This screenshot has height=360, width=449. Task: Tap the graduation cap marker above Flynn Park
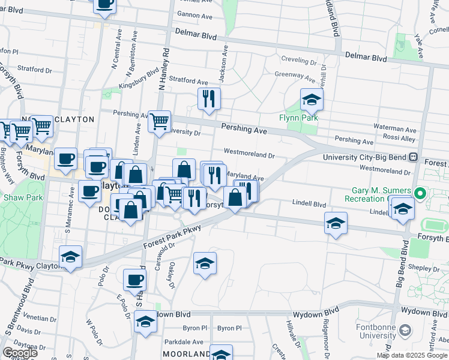312,100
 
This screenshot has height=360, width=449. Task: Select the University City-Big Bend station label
365,157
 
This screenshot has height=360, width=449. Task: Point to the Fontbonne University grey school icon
406,330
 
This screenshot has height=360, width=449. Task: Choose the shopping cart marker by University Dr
159,121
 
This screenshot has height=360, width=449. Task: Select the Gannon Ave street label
196,16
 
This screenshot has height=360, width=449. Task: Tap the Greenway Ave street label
294,77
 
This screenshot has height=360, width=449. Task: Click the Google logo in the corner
20,353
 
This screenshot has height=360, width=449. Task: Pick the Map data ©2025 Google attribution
412,355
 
